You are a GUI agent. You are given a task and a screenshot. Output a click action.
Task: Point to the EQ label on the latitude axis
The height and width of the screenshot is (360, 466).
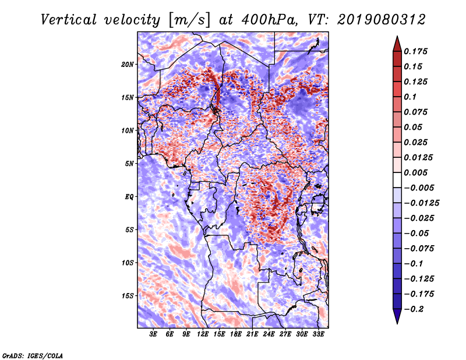[129, 197]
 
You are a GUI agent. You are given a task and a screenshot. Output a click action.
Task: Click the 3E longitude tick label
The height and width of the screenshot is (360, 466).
[154, 334]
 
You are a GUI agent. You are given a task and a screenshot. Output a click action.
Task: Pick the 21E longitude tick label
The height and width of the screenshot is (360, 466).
[252, 334]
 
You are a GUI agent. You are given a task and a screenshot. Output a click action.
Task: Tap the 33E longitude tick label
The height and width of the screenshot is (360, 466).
[318, 334]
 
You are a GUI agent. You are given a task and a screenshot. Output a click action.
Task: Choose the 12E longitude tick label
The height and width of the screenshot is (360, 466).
[203, 334]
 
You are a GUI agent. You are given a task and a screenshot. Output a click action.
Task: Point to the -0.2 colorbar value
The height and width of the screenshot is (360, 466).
[416, 309]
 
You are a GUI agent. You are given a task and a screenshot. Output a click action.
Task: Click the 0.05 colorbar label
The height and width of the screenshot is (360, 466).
[414, 127]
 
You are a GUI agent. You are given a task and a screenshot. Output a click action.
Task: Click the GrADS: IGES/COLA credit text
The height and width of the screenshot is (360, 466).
[33, 354]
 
